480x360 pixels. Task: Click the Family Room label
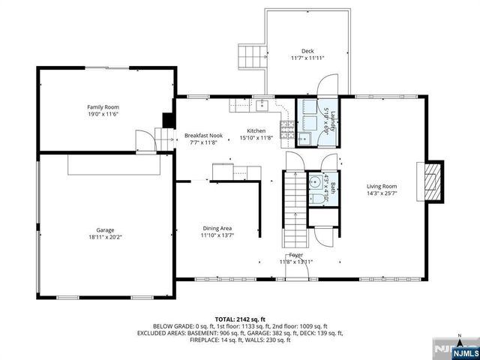pos(103,107)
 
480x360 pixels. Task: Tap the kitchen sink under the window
pos(262,105)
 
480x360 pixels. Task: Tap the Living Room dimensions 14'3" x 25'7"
pos(382,193)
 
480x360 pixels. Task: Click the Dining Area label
pos(217,228)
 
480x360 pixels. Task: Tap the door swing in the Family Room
pos(142,140)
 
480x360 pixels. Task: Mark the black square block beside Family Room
pos(168,120)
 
